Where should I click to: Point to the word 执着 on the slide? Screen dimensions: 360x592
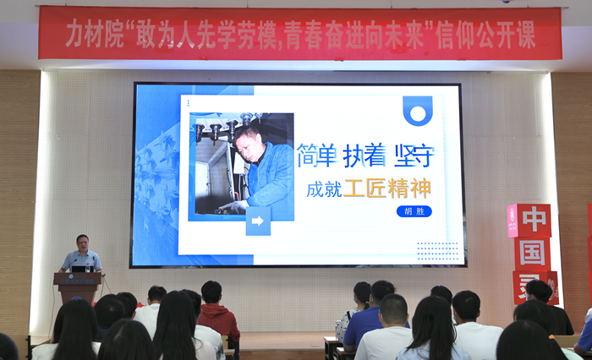364,155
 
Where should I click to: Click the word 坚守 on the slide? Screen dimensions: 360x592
414,155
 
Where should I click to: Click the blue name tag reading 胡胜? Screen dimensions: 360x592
414,211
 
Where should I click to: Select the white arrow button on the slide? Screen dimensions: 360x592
258,221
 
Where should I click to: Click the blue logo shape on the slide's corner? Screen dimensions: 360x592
417,110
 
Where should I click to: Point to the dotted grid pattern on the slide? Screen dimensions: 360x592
437,251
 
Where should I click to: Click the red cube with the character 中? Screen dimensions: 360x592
534,220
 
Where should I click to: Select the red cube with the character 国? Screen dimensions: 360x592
532,254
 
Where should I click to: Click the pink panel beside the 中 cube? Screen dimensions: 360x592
513,221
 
